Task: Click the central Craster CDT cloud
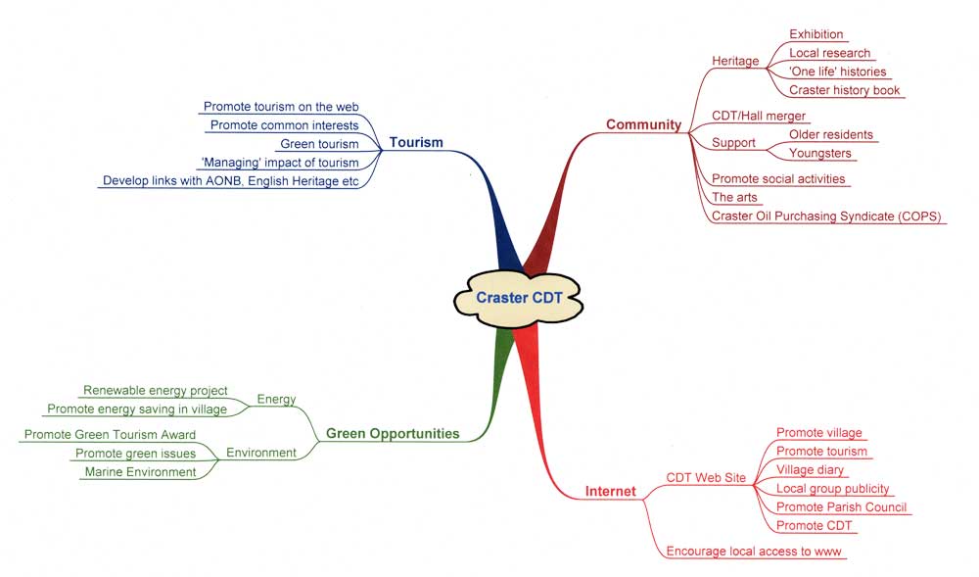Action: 518,298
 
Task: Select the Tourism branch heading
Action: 416,143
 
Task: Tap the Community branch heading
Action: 643,124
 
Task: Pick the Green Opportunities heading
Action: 393,434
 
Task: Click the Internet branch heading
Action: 610,491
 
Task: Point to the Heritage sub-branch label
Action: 735,62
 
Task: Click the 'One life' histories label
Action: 837,72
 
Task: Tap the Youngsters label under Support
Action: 820,154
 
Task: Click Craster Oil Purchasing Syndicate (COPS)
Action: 826,216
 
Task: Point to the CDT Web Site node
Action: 706,478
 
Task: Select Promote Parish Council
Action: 841,507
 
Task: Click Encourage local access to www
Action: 754,552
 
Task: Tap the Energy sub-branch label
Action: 276,399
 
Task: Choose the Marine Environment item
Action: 140,472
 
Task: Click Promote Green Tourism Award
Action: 110,434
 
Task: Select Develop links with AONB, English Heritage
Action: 230,181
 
